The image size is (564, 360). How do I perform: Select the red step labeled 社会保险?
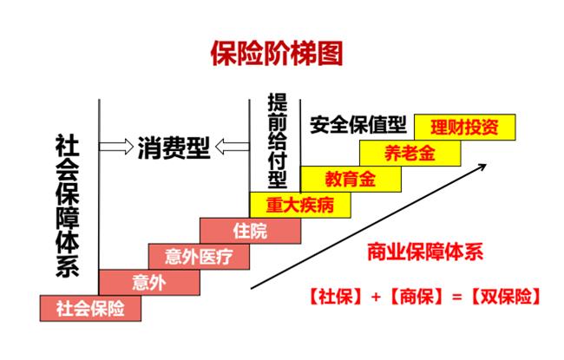pos(90,307)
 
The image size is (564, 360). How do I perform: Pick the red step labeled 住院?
pos(251,231)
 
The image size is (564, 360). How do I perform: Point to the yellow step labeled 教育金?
pos(351,179)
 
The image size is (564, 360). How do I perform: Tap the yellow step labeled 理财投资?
pos(464,128)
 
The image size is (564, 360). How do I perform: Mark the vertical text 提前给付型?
pos(277,140)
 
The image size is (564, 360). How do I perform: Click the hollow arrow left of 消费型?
pos(116,147)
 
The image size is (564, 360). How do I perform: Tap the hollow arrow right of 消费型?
pos(231,147)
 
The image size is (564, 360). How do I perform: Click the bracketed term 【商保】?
pos(416,297)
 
